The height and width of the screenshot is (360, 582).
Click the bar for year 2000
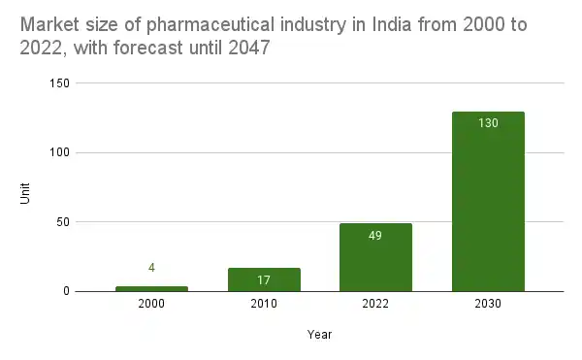[151, 288]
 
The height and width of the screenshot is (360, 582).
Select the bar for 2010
[264, 279]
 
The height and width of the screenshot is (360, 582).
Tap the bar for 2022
[375, 257]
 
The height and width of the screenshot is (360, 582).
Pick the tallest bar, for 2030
[488, 201]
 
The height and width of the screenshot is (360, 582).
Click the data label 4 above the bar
[151, 268]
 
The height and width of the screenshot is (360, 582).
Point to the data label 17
[264, 280]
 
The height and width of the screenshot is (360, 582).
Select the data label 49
[375, 236]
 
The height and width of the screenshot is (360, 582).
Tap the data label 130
[488, 123]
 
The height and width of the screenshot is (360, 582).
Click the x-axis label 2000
[151, 305]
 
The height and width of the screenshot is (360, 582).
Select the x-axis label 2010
[264, 305]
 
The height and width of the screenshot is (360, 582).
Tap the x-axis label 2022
[375, 305]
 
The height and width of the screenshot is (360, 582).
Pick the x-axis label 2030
[488, 305]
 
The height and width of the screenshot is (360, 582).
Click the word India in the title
[386, 24]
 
